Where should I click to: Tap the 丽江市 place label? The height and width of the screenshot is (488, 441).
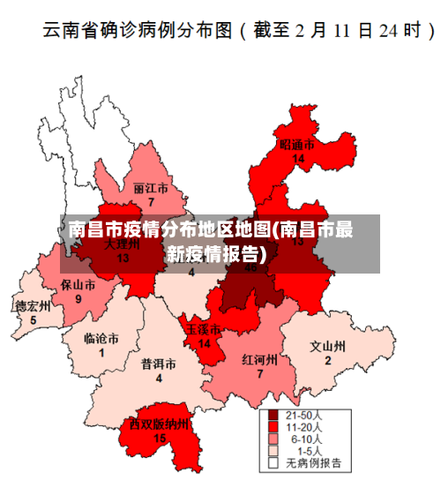(151, 189)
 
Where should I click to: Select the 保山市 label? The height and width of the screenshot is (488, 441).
(78, 285)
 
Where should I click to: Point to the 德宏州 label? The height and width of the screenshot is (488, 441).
(34, 306)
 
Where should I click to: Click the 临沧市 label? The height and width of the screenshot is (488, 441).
(101, 338)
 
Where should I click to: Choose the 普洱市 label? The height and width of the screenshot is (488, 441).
(159, 364)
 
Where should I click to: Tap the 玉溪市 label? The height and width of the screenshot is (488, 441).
(204, 329)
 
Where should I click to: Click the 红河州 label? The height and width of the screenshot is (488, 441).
(260, 360)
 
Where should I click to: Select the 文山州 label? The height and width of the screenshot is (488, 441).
(327, 346)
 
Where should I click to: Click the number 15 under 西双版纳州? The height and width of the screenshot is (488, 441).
(160, 438)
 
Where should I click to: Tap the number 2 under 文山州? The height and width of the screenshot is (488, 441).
(327, 360)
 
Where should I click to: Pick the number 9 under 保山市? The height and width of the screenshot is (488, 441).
(78, 299)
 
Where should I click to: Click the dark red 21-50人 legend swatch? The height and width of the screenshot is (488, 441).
(273, 414)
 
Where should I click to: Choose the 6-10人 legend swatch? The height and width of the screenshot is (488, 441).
(273, 438)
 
